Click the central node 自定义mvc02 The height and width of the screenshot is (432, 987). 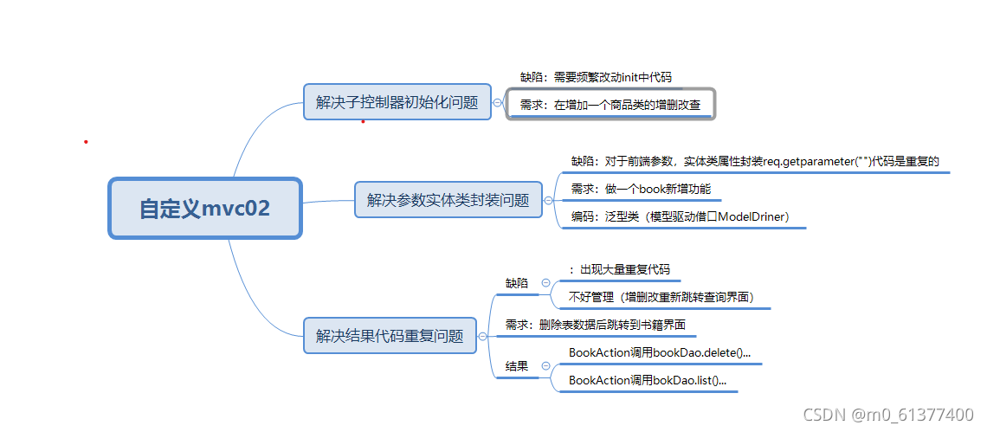click(204, 208)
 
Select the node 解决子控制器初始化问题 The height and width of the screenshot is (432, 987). click(397, 102)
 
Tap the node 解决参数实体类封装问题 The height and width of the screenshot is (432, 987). click(448, 200)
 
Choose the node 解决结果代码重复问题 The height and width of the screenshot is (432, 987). click(390, 335)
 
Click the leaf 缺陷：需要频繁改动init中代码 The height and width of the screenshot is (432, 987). click(595, 77)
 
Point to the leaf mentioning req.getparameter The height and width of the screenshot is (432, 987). click(755, 161)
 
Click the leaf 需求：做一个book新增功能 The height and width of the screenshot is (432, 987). click(641, 190)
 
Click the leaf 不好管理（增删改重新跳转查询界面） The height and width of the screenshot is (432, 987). click(661, 297)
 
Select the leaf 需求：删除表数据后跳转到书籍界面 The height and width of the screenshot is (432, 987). click(596, 325)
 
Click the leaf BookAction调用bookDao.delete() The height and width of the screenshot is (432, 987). click(660, 352)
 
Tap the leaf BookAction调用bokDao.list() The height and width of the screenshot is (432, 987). click(648, 380)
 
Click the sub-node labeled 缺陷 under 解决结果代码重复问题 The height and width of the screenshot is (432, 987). click(517, 283)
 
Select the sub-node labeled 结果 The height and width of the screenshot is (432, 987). click(517, 366)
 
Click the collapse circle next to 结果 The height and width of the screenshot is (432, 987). click(545, 366)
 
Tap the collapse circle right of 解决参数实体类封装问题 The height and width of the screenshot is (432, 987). click(547, 201)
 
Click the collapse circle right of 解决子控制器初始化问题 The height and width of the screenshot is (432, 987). click(496, 102)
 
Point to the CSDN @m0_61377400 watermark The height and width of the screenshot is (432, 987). click(888, 415)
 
